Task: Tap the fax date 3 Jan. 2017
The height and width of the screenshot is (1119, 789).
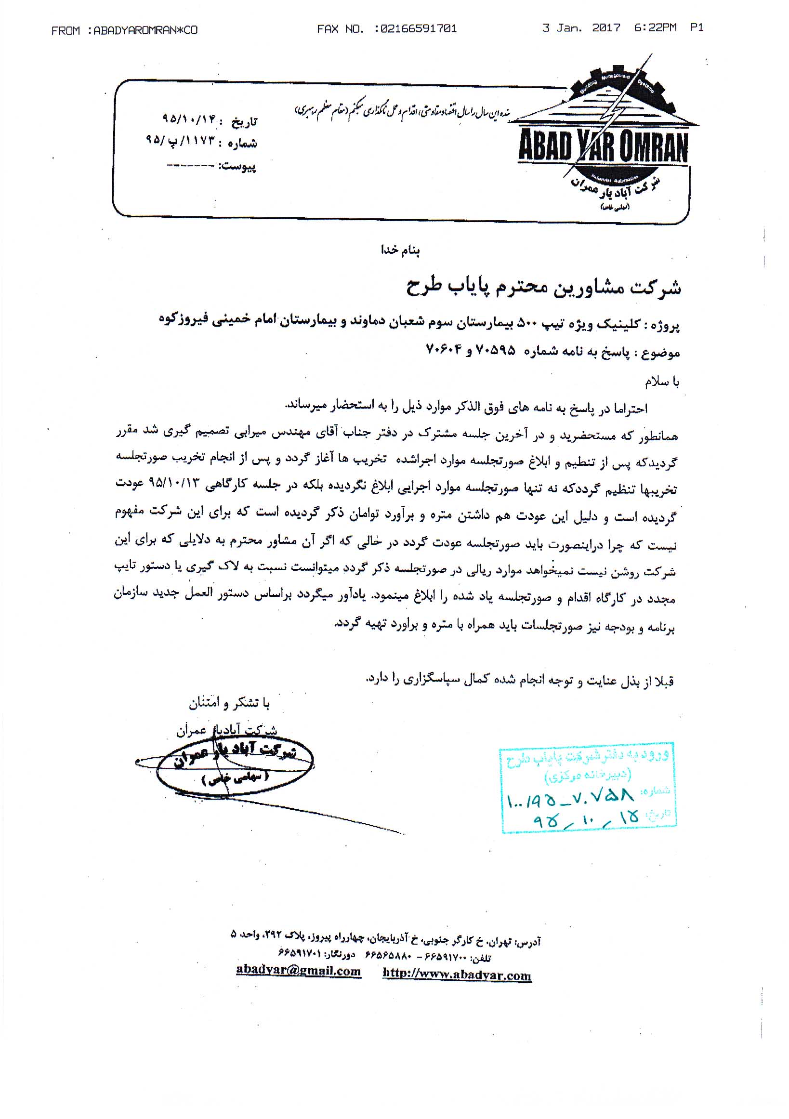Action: pos(581,28)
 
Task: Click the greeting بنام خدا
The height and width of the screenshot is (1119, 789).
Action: pos(400,250)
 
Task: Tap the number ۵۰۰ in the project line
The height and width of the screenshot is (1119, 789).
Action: pos(526,323)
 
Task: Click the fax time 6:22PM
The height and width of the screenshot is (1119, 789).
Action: pos(655,28)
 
